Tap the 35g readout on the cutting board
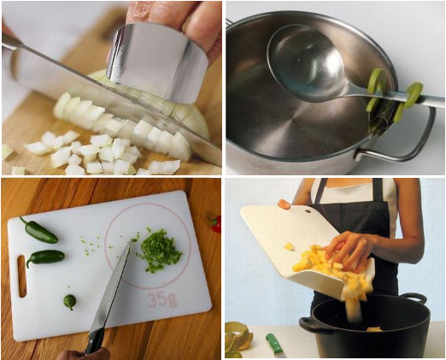(x=162, y=299)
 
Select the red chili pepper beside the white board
(x=215, y=223)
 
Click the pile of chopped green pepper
(x=160, y=251)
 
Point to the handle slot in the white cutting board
(x=22, y=276)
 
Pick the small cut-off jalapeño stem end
(x=70, y=302)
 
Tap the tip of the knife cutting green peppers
(x=130, y=243)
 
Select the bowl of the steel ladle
(x=306, y=63)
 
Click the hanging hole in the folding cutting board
(x=308, y=211)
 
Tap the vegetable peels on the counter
(x=238, y=339)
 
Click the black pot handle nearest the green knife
(x=313, y=326)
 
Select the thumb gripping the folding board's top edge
(x=285, y=204)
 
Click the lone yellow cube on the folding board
(x=289, y=246)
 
